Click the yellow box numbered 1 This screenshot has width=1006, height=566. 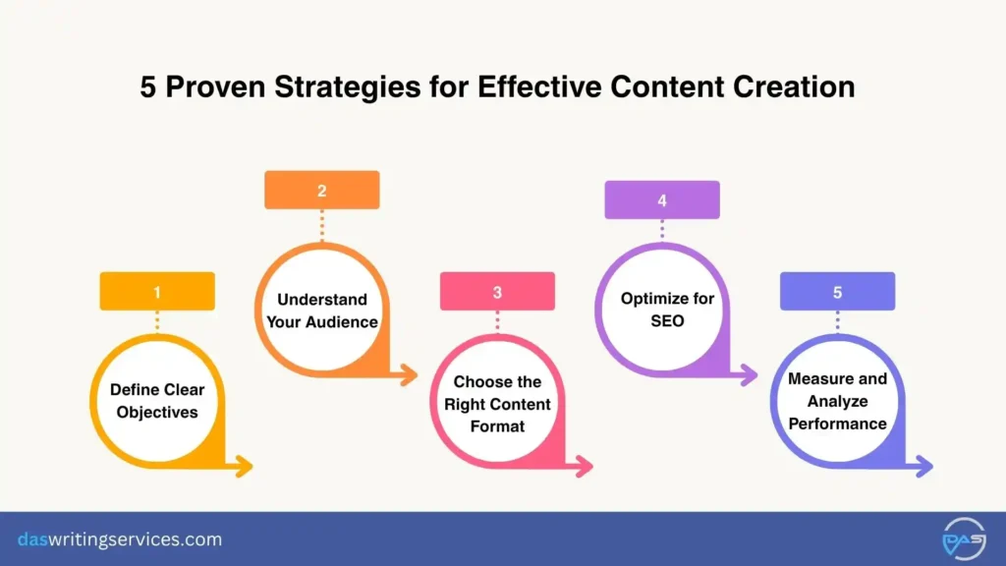pyautogui.click(x=157, y=292)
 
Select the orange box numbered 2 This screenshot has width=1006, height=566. pyautogui.click(x=321, y=191)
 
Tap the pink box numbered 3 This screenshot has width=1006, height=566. pyautogui.click(x=497, y=292)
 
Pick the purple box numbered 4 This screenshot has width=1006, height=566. pyautogui.click(x=661, y=200)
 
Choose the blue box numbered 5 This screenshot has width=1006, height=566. pyautogui.click(x=837, y=292)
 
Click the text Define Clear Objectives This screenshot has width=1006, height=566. pyautogui.click(x=157, y=401)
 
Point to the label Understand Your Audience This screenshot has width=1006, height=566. pyautogui.click(x=321, y=310)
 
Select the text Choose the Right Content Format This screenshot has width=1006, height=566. pyautogui.click(x=497, y=404)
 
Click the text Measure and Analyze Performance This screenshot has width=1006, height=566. pyautogui.click(x=837, y=401)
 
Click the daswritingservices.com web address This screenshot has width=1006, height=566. pyautogui.click(x=120, y=539)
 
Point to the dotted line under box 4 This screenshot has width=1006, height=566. pyautogui.click(x=661, y=229)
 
